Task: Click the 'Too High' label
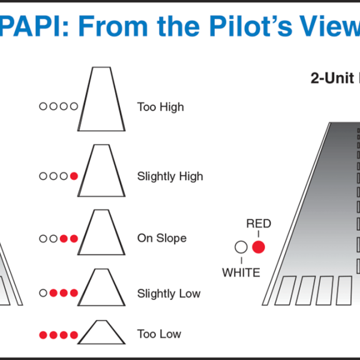160,107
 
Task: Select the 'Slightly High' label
170,176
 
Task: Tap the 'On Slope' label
161,238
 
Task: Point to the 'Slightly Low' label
169,294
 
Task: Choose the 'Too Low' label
159,334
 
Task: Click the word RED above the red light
259,224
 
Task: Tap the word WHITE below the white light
241,273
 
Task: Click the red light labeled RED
259,247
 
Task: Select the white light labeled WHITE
241,247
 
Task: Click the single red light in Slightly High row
74,176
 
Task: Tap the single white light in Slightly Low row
43,293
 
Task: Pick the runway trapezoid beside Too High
101,99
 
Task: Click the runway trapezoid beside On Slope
101,233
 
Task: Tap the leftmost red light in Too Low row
43,334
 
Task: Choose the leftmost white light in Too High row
43,106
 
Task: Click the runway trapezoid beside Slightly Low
101,288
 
